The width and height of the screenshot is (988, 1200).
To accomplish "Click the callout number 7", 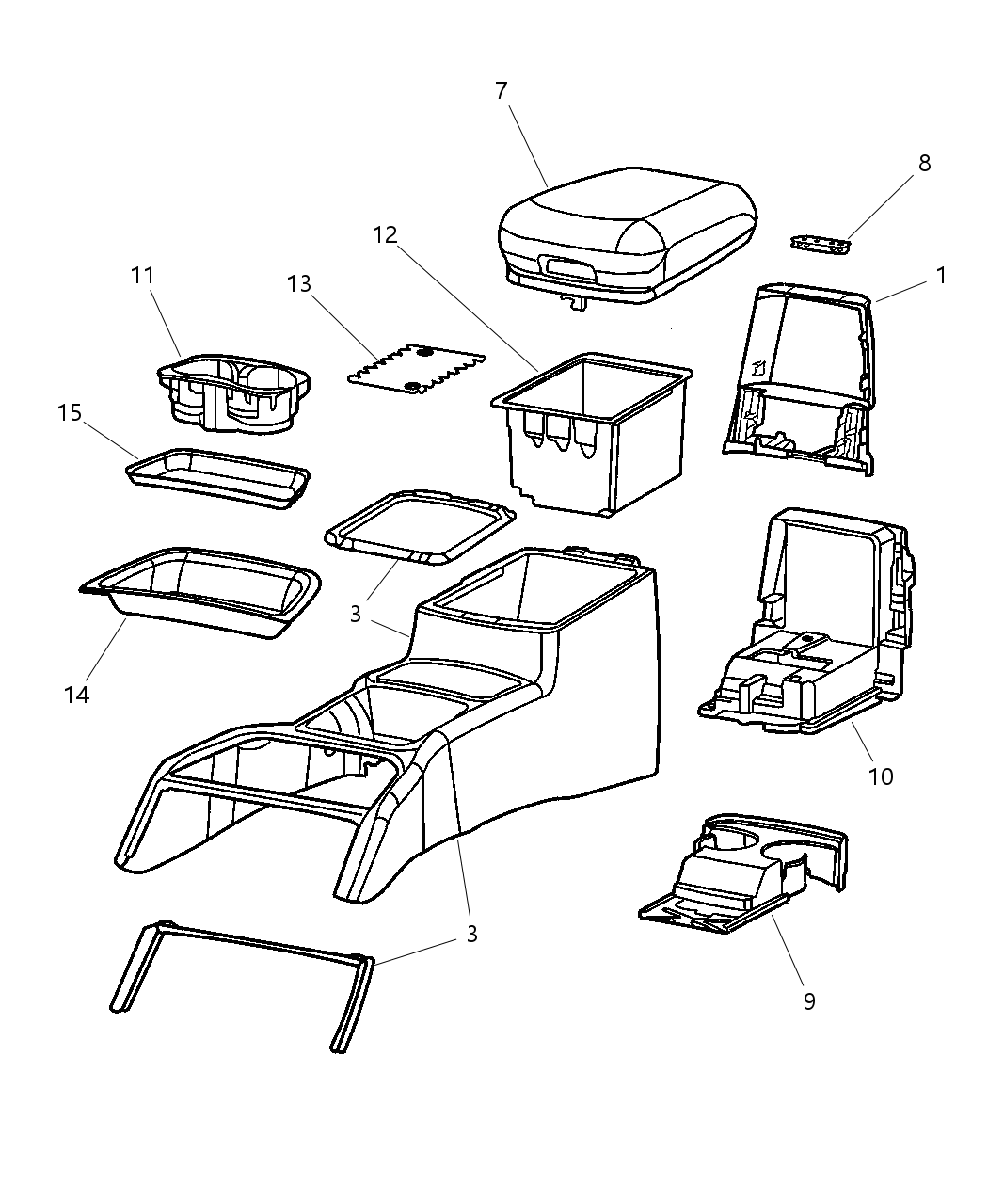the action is tap(502, 90).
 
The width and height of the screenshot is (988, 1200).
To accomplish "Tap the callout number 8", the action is tap(924, 163).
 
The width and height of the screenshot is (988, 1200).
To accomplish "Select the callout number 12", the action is tap(385, 234).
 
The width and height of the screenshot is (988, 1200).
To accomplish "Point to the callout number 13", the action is tap(299, 283).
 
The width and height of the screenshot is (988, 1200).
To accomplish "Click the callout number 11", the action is tap(142, 275).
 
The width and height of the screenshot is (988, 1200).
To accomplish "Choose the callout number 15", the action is tap(70, 412).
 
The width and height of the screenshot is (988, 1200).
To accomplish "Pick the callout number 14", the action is tap(76, 695).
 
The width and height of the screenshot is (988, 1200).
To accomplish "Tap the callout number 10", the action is tap(881, 777).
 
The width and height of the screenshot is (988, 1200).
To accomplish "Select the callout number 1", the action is tap(941, 275).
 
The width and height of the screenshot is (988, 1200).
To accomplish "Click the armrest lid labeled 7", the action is tap(627, 238).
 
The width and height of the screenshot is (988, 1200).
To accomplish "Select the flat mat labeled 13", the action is tap(417, 369).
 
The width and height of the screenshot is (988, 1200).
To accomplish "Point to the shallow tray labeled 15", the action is tap(218, 479).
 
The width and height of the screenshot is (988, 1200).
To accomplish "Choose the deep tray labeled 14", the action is tap(199, 593).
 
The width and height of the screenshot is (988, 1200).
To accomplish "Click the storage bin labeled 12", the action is tap(592, 435).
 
